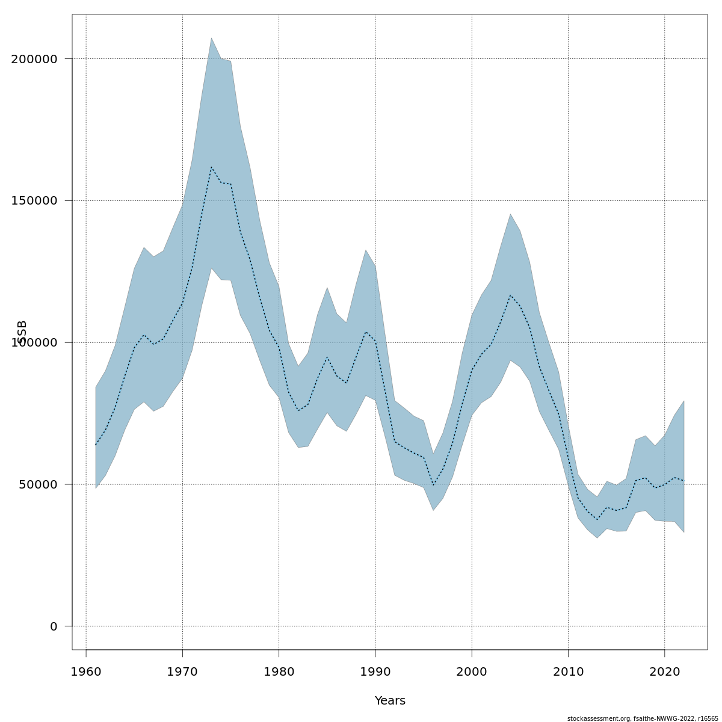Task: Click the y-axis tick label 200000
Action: (x=34, y=59)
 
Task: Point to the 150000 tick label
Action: (x=34, y=201)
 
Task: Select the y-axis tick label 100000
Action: (x=34, y=343)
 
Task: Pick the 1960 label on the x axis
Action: (x=86, y=671)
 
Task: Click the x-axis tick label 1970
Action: (x=182, y=671)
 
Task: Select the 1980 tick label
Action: (x=279, y=671)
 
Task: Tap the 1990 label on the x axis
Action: (x=375, y=671)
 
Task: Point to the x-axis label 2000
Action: (x=472, y=671)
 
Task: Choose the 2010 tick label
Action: (x=568, y=671)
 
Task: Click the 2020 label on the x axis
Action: (x=664, y=671)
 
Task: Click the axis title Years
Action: (x=390, y=701)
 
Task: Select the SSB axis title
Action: (x=22, y=332)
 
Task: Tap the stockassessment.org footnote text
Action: (x=643, y=718)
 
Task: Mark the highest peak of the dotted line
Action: (x=211, y=167)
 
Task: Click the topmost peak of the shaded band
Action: (x=211, y=38)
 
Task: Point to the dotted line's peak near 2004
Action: (x=510, y=295)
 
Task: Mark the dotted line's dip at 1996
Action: (x=433, y=485)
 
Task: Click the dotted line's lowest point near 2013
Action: (x=597, y=519)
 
